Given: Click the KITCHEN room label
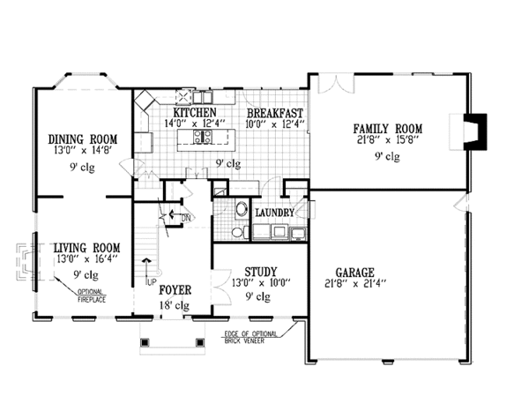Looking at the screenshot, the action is coord(195,112).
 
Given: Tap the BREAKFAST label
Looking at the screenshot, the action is coord(275,114).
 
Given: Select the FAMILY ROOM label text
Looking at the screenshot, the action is coord(388,129).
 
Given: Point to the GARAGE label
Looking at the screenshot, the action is coord(355,273).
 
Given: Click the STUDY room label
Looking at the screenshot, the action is coord(261,272).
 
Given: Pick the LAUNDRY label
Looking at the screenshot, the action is coord(274,213).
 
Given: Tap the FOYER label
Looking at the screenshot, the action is coord(175,290).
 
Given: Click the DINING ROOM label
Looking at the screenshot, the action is coord(83,139).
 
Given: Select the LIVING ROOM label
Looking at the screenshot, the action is coord(87,248).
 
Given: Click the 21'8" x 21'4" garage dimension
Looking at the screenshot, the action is coord(355,283).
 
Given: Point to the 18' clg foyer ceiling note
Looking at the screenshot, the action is coord(175,305).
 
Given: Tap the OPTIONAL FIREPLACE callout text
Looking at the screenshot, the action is coord(92,296).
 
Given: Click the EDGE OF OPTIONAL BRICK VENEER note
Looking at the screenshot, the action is coord(250,337).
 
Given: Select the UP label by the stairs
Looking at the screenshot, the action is coord(150,282).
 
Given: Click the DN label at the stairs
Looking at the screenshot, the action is coord(186,218).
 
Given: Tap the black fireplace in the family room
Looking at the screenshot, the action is coord(476,132).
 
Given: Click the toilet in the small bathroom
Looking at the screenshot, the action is coord(239,232).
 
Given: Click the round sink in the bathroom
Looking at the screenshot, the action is coord(242,209).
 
